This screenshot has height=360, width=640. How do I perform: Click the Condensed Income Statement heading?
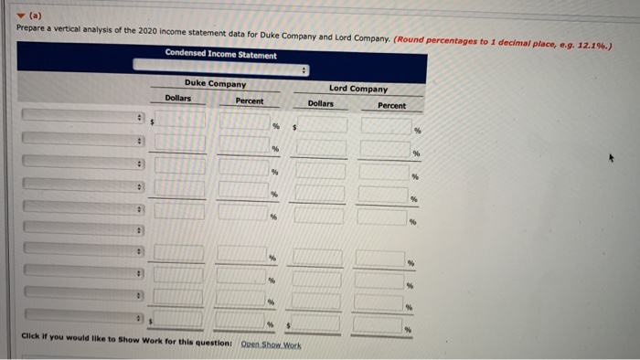point(220,54)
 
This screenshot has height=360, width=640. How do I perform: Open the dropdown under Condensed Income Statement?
point(221,69)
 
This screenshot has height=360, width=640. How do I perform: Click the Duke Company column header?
point(215,84)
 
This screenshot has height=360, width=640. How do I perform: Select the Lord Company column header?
point(358,89)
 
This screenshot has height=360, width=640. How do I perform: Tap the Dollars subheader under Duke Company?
point(178,98)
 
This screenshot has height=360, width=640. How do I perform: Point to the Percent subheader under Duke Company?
point(249,101)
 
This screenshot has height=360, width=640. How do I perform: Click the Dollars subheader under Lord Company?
point(320,103)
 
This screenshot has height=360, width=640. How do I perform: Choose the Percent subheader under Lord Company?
point(391,105)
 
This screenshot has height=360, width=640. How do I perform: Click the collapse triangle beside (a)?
point(22,14)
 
